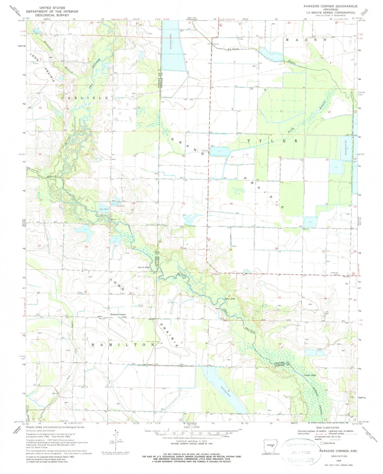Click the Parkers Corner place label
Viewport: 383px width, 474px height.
click(118, 315)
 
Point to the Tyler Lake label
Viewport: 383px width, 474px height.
click(230, 299)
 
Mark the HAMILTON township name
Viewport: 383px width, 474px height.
click(123, 345)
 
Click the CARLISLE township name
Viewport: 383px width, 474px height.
click(85, 98)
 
